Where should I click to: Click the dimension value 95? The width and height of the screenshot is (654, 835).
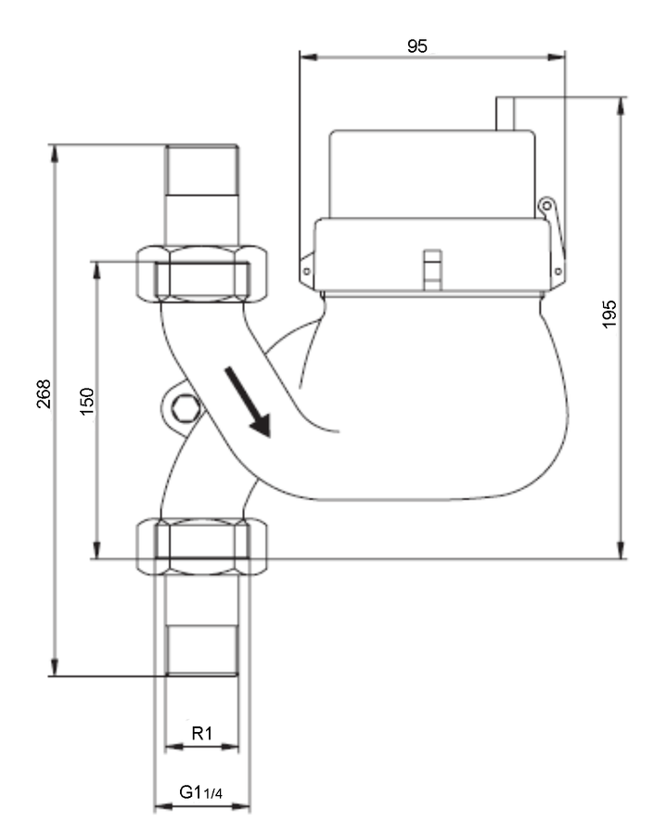[417, 46]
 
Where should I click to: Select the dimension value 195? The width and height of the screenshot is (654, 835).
[609, 314]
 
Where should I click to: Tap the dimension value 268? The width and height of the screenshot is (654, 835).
[44, 394]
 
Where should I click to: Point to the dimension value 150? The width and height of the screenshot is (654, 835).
[86, 402]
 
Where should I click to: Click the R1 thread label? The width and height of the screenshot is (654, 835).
[202, 733]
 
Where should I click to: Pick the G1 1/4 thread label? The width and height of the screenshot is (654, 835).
[200, 792]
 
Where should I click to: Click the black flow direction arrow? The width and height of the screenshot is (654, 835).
[249, 402]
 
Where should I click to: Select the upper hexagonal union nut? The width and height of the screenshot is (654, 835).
[202, 274]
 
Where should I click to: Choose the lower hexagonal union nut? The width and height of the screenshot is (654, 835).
[202, 546]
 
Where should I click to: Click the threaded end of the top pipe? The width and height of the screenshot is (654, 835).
[202, 170]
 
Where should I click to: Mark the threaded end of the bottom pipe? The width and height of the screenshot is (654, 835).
[202, 650]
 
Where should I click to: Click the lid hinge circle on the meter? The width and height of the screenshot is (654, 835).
[545, 206]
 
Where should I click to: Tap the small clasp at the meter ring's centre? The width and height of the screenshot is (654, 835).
[432, 269]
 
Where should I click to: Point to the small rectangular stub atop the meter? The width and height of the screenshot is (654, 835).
[506, 113]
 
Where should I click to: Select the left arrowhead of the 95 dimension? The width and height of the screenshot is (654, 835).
[308, 57]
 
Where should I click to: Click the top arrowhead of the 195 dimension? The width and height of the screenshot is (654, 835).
[621, 106]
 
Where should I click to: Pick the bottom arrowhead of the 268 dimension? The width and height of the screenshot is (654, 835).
[55, 667]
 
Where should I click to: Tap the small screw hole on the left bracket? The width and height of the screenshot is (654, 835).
[306, 272]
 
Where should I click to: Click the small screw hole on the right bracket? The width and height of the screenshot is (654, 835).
[558, 272]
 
